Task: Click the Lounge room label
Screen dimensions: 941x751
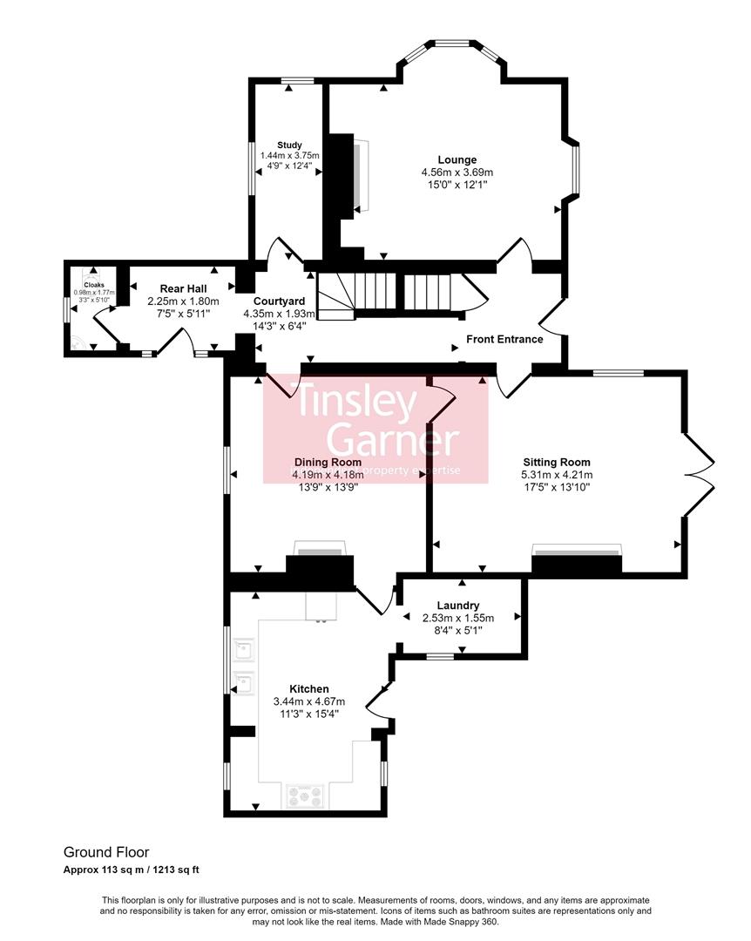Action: pyautogui.click(x=457, y=159)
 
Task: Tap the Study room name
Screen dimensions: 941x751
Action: pyautogui.click(x=289, y=145)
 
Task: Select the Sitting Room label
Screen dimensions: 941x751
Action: pyautogui.click(x=556, y=463)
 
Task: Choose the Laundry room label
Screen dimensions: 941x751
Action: pyautogui.click(x=457, y=606)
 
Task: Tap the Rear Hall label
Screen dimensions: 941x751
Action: pyautogui.click(x=183, y=288)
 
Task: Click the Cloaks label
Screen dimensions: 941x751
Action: pyautogui.click(x=93, y=284)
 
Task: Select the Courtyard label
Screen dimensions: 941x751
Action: pyautogui.click(x=279, y=301)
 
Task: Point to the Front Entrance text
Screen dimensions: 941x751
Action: pyautogui.click(x=504, y=339)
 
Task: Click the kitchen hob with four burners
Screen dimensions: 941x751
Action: pyautogui.click(x=305, y=795)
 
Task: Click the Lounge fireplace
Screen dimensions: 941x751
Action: pyautogui.click(x=361, y=174)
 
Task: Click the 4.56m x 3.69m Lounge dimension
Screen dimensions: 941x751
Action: pyautogui.click(x=457, y=173)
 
